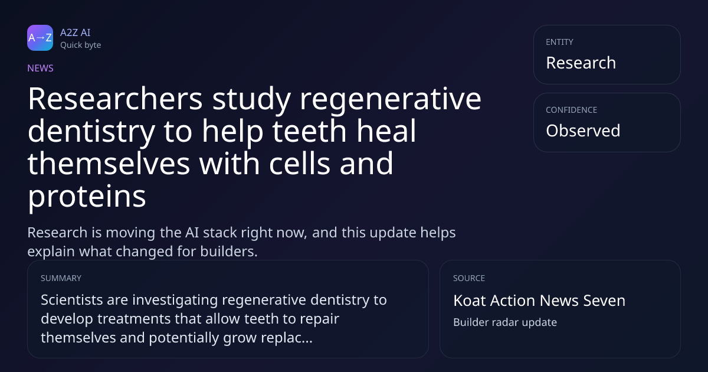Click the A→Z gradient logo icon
[x=40, y=38]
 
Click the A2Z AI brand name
[x=76, y=32]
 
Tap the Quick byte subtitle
[x=81, y=45]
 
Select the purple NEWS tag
[x=41, y=68]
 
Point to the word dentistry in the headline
[x=91, y=132]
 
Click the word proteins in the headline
[x=87, y=197]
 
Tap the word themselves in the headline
[x=109, y=163]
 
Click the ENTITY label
[x=559, y=42]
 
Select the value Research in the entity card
[x=581, y=63]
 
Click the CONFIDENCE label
[x=572, y=110]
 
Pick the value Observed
[x=583, y=130]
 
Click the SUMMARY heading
[x=61, y=278]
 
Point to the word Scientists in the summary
[x=72, y=300]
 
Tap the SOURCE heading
[x=469, y=278]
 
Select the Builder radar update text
[x=505, y=322]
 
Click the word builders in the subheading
[x=229, y=252]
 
